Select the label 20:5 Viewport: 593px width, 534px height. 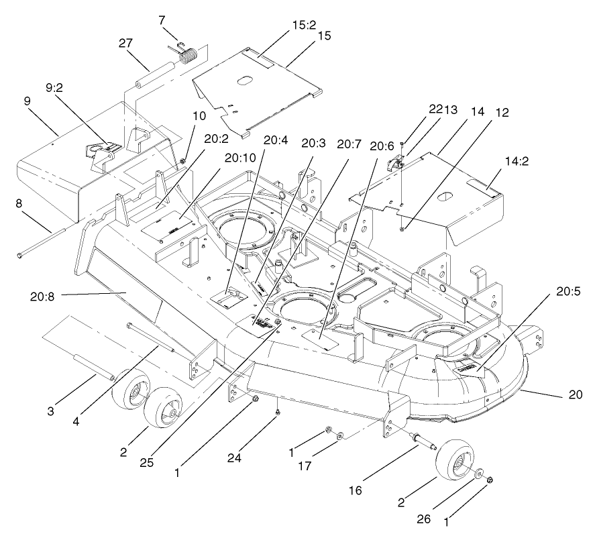coord(568,292)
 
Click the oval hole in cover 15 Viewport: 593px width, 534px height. coord(245,83)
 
